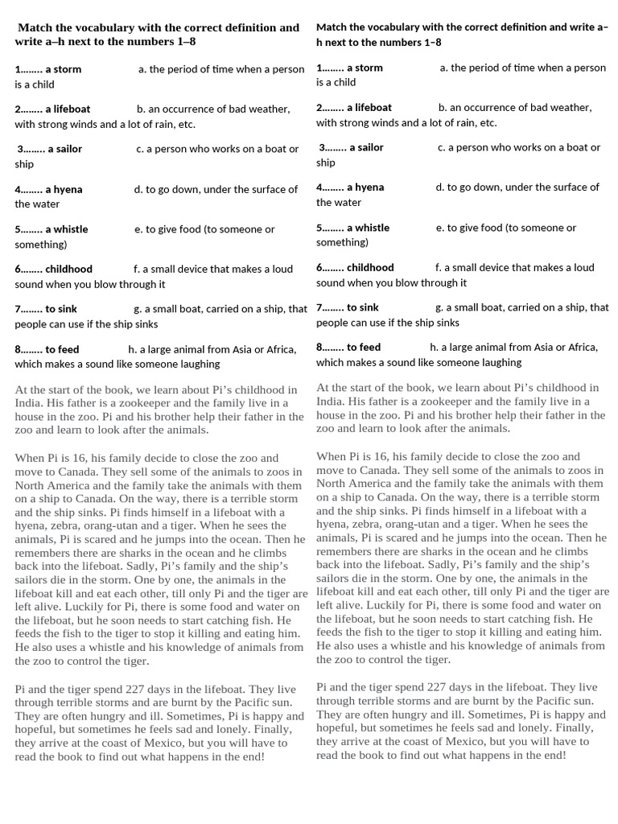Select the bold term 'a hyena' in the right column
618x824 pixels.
[x=365, y=187]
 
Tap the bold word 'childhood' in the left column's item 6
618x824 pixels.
[x=68, y=269]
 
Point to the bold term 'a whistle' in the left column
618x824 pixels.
[x=66, y=229]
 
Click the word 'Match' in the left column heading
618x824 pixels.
[x=35, y=27]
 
